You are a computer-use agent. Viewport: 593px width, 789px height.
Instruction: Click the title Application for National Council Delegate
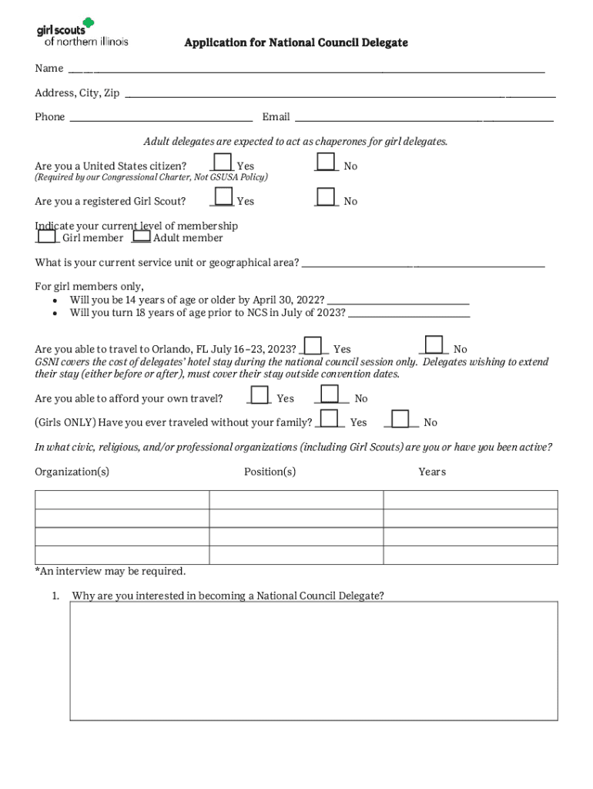tap(296, 42)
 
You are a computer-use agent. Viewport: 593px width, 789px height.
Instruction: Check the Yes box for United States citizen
tap(223, 163)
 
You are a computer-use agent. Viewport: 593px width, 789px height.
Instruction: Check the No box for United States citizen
tap(327, 163)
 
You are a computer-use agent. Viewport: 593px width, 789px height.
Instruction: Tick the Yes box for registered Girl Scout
tap(223, 197)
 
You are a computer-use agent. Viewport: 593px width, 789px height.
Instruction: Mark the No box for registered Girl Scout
tap(327, 197)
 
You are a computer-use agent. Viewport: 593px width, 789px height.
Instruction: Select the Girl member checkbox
tap(48, 237)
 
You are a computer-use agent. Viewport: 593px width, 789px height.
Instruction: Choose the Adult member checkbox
tap(141, 237)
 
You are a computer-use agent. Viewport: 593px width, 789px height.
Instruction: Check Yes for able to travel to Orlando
tap(313, 345)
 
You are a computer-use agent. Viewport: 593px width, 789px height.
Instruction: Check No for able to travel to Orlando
tap(434, 344)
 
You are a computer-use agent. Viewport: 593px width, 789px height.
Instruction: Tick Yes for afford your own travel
tap(260, 394)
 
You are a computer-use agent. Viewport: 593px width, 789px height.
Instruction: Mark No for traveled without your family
tap(401, 418)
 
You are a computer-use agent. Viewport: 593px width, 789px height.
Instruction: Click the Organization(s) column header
tap(72, 472)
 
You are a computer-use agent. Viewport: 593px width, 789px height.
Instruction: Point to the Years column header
tap(432, 472)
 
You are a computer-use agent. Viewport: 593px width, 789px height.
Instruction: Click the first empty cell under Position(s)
tap(296, 499)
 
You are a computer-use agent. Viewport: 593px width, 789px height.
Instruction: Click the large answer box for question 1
tap(313, 660)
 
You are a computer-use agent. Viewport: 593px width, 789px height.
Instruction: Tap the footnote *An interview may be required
tap(110, 572)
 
